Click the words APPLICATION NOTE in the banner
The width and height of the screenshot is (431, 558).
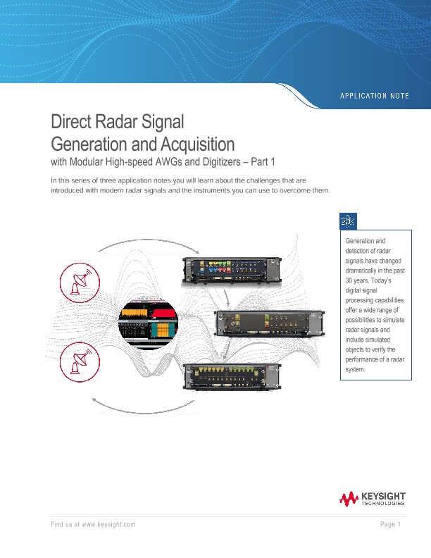pos(375,96)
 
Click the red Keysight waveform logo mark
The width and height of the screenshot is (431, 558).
pos(349,500)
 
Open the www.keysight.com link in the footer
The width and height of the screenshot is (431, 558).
pos(108,525)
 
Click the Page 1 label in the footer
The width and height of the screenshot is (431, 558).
pos(390,525)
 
